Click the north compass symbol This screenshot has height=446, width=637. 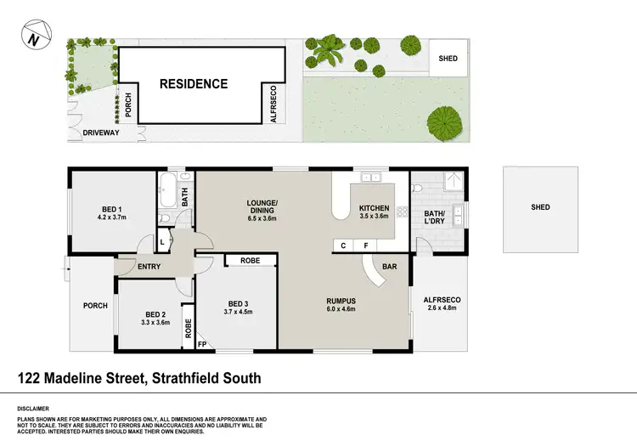tap(31, 38)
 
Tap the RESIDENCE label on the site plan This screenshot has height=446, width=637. tap(194, 84)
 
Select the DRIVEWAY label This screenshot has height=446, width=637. tap(101, 133)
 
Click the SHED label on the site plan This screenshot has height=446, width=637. tap(448, 59)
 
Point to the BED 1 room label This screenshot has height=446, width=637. tap(112, 209)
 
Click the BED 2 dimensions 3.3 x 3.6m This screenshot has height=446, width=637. tap(155, 322)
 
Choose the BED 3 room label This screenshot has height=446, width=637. tap(238, 303)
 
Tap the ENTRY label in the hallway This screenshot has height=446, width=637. tap(149, 267)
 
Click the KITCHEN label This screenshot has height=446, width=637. tap(374, 208)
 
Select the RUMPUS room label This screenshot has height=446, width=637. tap(340, 301)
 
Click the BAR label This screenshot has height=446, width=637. tap(390, 267)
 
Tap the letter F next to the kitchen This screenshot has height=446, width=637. tap(365, 246)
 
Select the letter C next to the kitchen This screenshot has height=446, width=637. tap(343, 246)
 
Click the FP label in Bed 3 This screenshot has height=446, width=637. tap(202, 344)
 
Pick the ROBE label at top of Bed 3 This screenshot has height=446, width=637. tap(250, 261)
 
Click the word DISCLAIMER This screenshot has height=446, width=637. tap(32, 408)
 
